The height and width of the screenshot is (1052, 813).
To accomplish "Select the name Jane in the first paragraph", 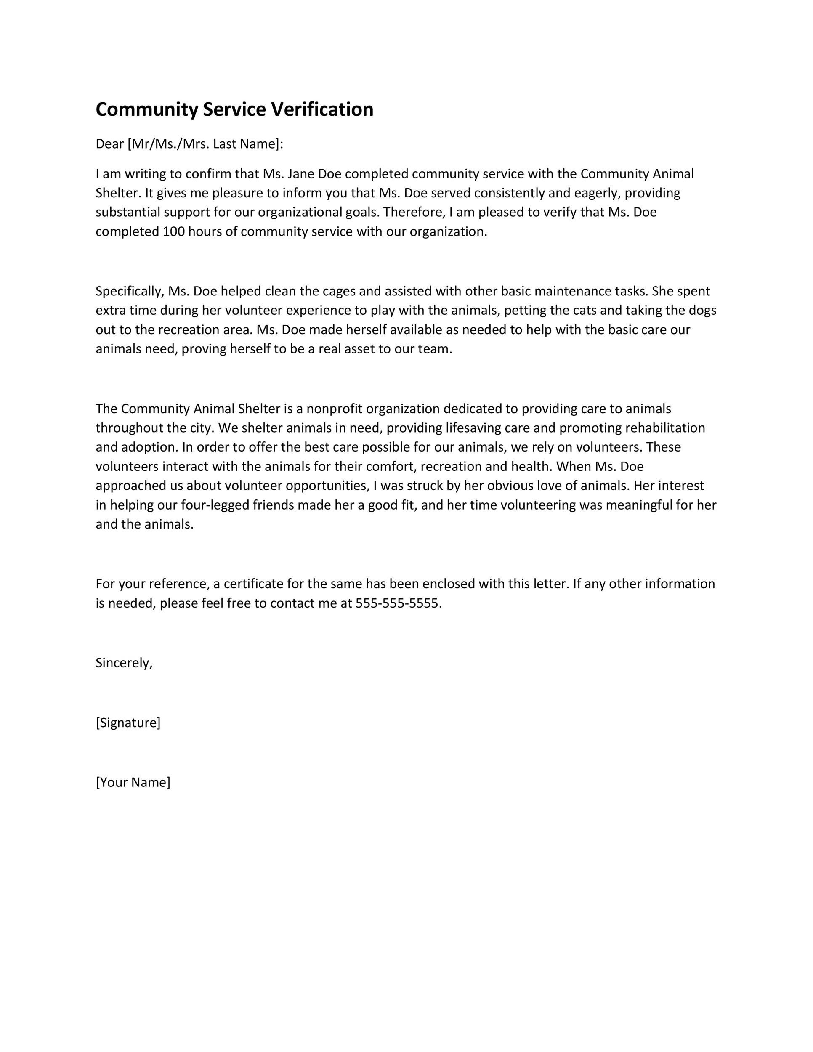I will (x=300, y=173).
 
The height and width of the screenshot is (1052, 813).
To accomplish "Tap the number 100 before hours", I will (x=173, y=232).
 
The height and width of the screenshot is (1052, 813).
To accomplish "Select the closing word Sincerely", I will (x=123, y=663).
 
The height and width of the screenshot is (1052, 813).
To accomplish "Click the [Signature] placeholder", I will (x=128, y=723).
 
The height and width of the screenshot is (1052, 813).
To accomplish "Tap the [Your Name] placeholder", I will (x=133, y=782).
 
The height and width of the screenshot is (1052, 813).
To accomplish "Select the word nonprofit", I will (x=334, y=409).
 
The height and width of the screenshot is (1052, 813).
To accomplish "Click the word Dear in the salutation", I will (x=110, y=144).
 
